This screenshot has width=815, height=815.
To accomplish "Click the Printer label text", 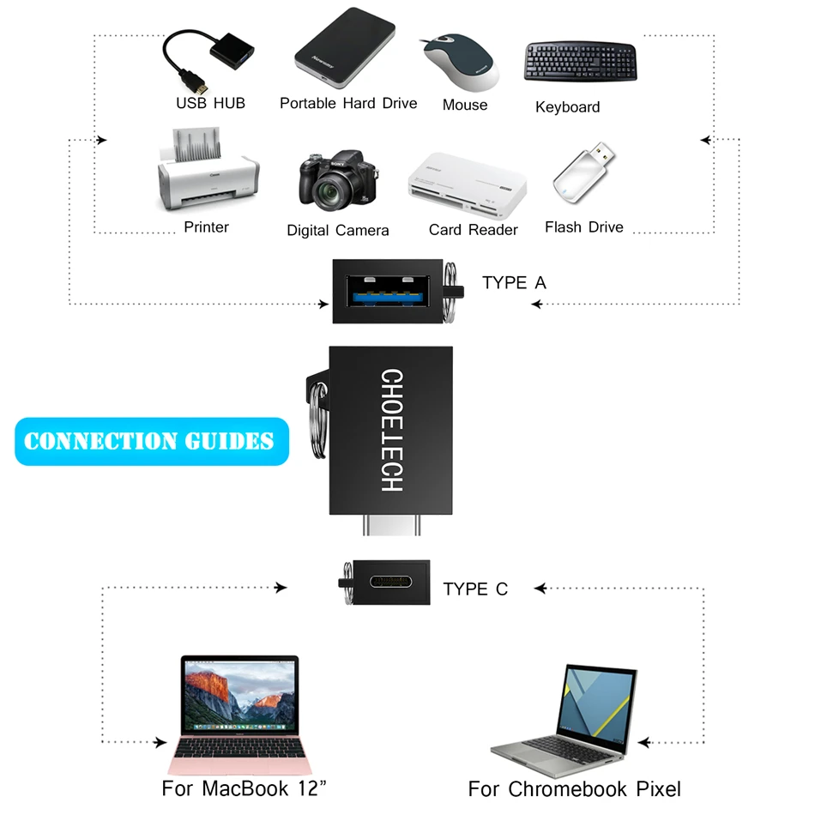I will pos(206,227).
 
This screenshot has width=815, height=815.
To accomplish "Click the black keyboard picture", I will pos(580,62).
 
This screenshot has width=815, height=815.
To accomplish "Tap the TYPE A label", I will pos(514,283).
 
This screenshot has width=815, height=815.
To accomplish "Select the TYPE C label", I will pos(475,589).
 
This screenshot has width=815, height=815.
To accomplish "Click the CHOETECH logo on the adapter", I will pos(391,431).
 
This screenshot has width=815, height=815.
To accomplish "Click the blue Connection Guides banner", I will pos(151,442).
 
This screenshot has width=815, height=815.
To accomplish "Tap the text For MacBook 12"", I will pos(244,788).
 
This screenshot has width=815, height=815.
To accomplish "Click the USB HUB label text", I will pos(210,103).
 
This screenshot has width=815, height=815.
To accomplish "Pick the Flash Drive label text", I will pos(583,227).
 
